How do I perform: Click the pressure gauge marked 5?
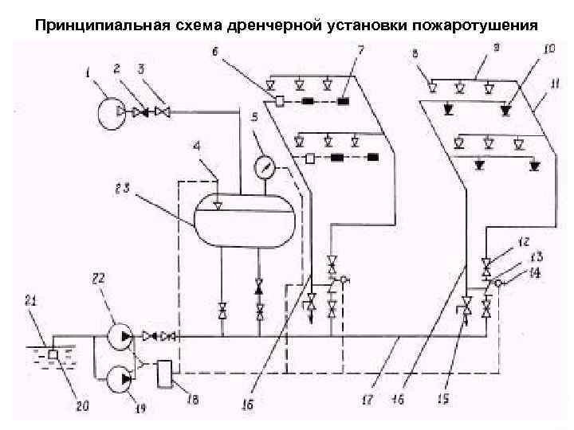point(264,168)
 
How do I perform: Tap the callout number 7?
point(360,51)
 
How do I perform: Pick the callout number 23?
point(121,189)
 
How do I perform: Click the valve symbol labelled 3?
point(163,112)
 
